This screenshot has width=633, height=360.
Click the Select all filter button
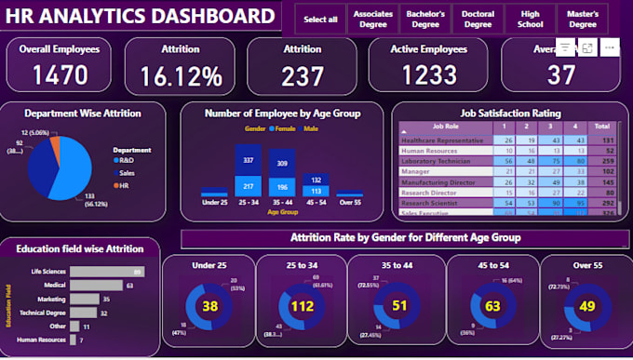[x=320, y=19]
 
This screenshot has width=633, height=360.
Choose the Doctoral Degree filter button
[x=478, y=19]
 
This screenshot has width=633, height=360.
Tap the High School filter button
[x=531, y=19]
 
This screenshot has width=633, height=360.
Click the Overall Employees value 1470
[x=61, y=74]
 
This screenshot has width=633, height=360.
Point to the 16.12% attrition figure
[x=182, y=74]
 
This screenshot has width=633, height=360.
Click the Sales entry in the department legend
[x=127, y=172]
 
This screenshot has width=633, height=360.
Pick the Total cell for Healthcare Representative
[x=601, y=140]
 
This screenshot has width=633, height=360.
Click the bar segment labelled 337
[x=249, y=159]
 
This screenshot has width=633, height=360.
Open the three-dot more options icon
[x=610, y=47]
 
